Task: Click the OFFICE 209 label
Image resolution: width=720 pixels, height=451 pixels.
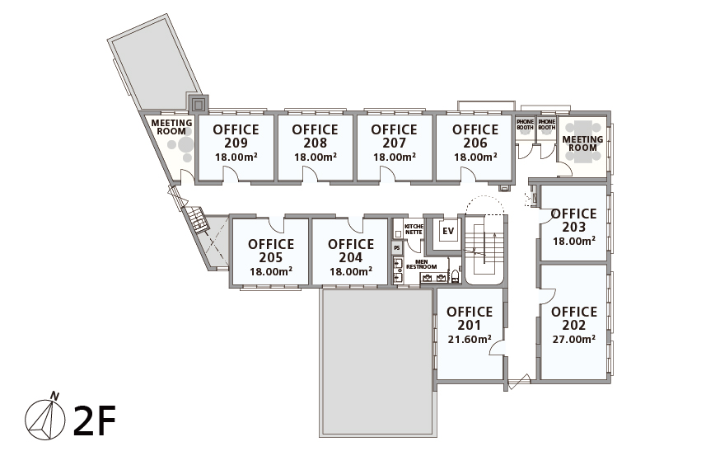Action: (x=236, y=136)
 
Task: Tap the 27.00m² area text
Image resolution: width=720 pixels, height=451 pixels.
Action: (x=574, y=340)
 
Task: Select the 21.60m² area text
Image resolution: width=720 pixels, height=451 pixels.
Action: (x=470, y=340)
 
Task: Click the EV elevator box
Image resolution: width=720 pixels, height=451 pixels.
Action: (x=447, y=231)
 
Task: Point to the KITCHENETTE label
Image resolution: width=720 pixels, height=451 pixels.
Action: (x=414, y=229)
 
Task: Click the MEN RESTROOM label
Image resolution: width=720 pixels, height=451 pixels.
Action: (x=422, y=265)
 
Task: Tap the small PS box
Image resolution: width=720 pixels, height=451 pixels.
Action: (x=398, y=248)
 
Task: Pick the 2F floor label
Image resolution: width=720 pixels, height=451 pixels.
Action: (x=94, y=420)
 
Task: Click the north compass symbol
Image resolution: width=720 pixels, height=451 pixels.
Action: (x=45, y=416)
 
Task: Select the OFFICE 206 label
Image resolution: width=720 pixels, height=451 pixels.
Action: (x=475, y=136)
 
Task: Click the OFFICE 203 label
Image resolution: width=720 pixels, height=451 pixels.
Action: (x=574, y=220)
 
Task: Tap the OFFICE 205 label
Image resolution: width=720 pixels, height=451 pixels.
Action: (x=271, y=251)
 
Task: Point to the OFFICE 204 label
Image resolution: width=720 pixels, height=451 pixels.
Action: (x=351, y=251)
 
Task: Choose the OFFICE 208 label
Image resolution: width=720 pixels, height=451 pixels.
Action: (x=315, y=136)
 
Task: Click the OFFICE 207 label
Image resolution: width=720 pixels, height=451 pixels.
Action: (x=394, y=136)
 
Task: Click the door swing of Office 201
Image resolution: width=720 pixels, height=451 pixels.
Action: (x=498, y=348)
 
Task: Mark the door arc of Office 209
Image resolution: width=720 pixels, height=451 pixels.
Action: (x=231, y=174)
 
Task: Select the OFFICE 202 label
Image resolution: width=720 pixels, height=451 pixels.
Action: (x=574, y=318)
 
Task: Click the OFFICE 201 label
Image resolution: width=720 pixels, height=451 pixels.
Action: (x=470, y=318)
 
